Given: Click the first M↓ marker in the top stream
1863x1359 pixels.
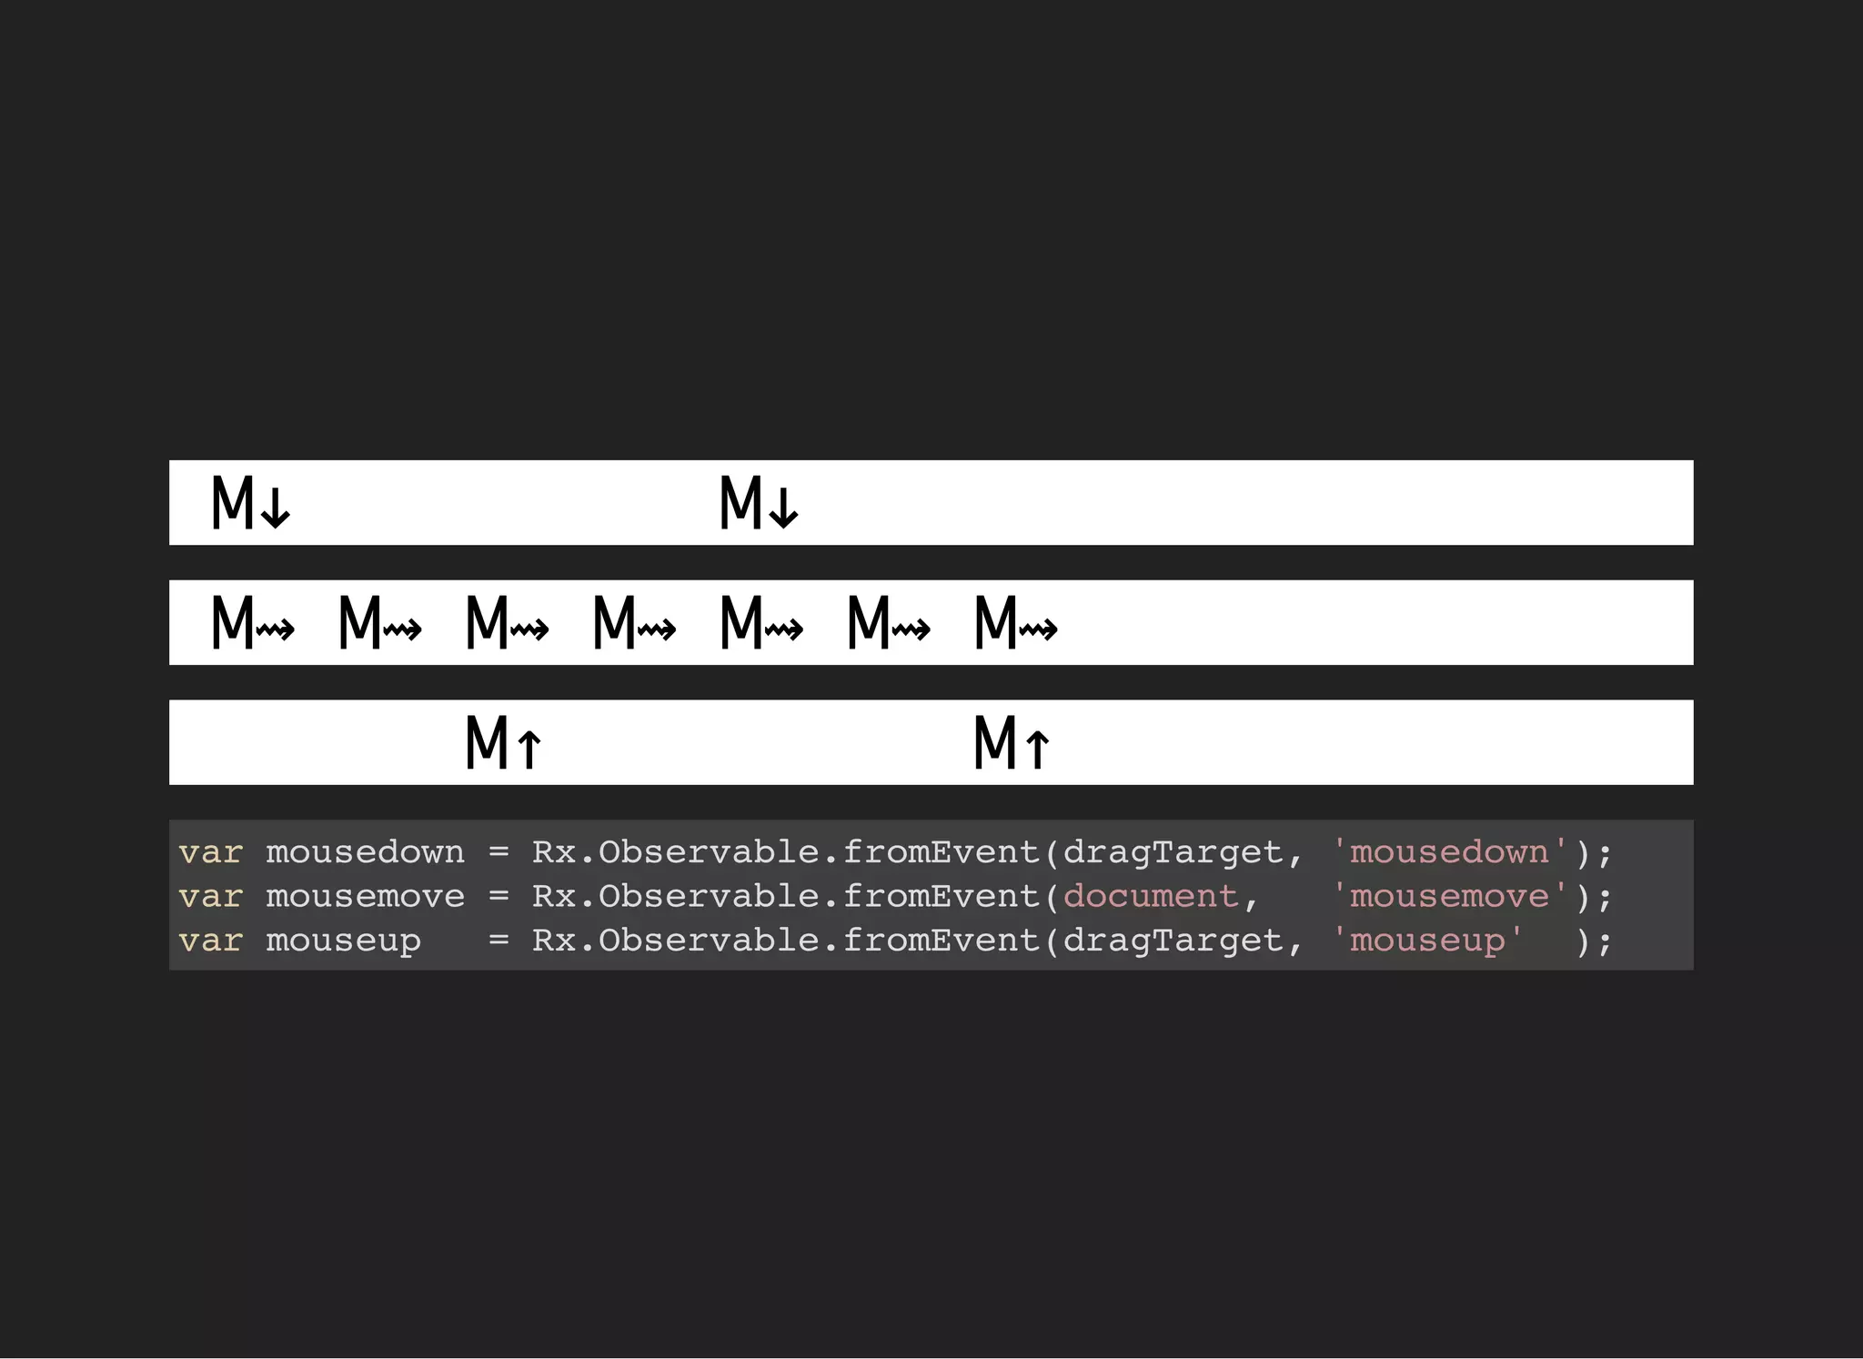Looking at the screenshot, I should click(250, 503).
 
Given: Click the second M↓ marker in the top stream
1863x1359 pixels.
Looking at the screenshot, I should click(759, 503).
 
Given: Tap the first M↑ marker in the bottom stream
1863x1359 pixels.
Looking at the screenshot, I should click(504, 743).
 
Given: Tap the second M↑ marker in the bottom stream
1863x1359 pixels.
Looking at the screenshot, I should click(1012, 743).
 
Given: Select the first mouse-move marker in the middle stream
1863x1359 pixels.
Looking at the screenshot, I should click(252, 623).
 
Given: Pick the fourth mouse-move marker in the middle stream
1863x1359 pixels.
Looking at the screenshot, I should click(634, 623).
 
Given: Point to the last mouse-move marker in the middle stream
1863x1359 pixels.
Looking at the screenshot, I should click(1015, 623).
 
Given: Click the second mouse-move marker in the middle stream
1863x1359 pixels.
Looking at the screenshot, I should click(379, 623).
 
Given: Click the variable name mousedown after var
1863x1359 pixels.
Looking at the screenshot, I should click(365, 852).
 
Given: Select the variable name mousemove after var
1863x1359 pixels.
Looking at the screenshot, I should click(365, 897).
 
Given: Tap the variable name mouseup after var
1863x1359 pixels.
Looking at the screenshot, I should click(343, 941).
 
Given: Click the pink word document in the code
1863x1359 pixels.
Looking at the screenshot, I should click(1150, 897).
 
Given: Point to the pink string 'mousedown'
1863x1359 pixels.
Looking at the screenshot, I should click(1449, 852).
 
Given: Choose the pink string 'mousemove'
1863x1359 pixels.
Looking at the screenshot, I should click(1449, 897).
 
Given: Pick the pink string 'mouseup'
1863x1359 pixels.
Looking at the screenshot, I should click(1427, 941).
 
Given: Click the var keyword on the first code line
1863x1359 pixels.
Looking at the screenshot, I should click(210, 852).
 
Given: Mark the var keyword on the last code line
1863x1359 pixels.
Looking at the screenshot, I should click(210, 941).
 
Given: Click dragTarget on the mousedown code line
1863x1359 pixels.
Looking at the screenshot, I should click(1172, 852).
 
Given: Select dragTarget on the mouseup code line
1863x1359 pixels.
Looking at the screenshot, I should click(1172, 941).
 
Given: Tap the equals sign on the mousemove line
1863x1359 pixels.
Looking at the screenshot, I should click(498, 897).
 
